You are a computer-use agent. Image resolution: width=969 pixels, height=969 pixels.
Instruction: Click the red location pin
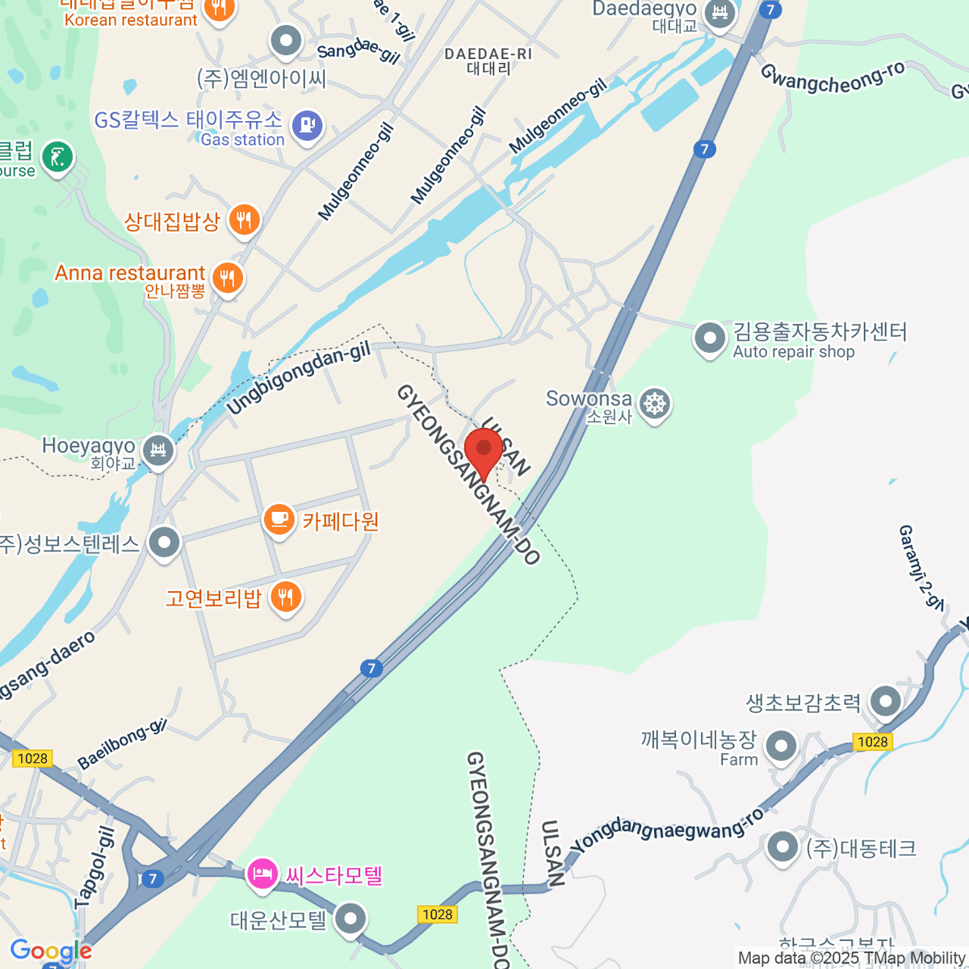point(484,448)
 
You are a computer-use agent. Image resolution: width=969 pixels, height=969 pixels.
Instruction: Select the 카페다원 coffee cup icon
point(279,519)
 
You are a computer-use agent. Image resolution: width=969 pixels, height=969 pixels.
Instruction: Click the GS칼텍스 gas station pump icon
point(307,126)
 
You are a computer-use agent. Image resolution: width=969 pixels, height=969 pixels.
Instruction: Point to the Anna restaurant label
point(129,273)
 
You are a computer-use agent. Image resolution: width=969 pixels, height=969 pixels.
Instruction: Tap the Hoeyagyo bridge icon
point(158,449)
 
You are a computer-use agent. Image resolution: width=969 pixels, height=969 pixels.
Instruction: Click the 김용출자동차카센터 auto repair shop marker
point(710,338)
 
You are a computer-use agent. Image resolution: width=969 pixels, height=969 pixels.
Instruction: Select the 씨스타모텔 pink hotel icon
point(262,875)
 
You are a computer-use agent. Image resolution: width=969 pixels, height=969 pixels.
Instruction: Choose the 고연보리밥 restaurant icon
point(285,598)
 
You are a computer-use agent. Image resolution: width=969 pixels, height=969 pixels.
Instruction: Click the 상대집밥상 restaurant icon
point(244,219)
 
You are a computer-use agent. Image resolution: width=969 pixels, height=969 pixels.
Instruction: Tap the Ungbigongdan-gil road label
point(298,377)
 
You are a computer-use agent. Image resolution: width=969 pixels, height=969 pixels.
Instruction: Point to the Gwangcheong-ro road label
point(832,79)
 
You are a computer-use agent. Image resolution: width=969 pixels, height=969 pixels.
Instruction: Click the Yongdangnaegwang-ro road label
point(666,830)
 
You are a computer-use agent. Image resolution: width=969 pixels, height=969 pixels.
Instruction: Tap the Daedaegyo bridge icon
point(718,13)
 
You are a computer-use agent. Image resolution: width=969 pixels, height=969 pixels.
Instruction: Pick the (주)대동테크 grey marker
point(782,847)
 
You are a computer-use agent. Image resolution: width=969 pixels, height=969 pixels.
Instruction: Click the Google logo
point(51,951)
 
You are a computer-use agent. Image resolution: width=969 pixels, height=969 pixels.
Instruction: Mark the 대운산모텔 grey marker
point(350,918)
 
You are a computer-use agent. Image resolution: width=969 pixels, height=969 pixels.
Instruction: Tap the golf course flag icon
point(57,157)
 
